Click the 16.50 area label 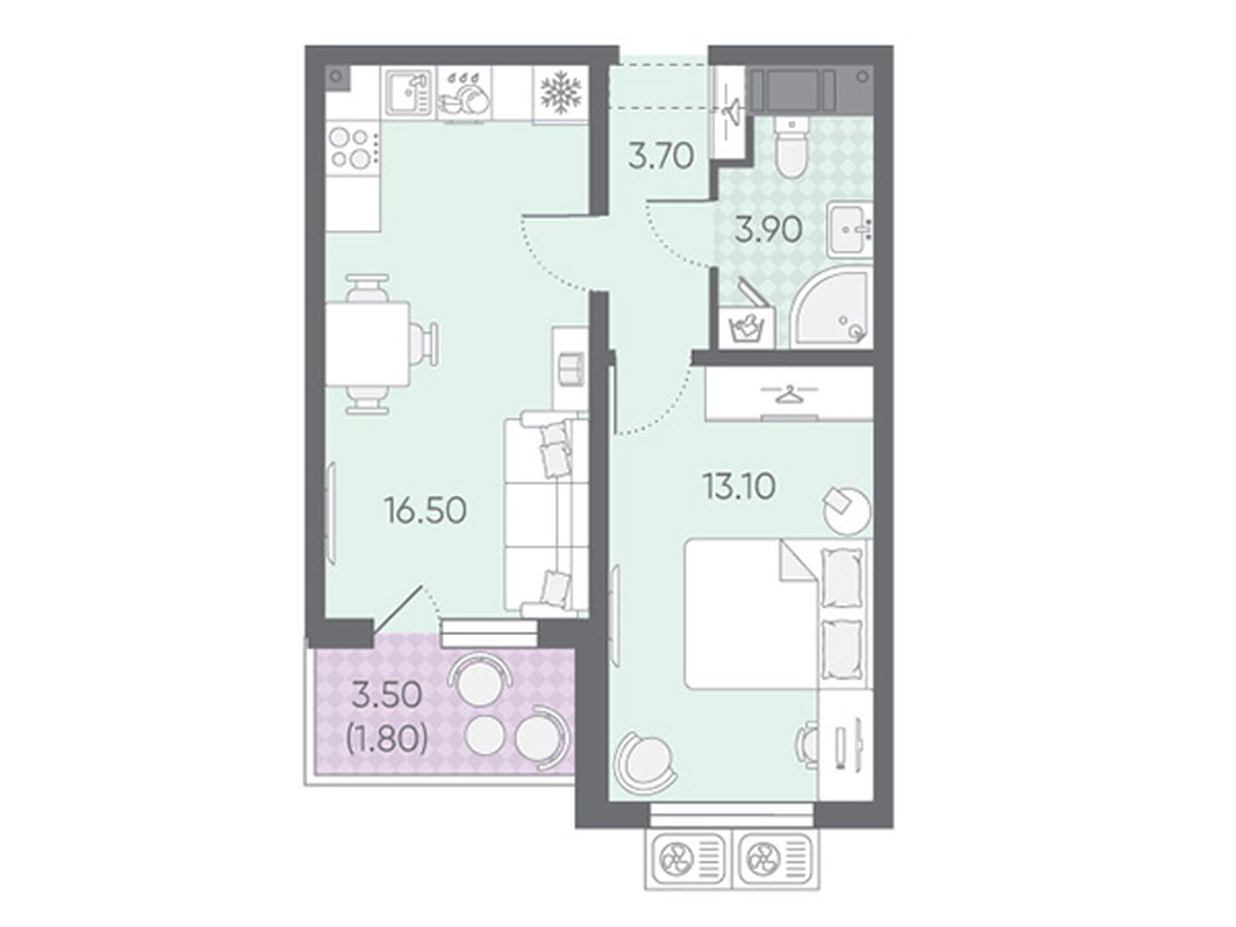[426, 511]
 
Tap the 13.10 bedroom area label [739, 487]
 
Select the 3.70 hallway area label [661, 157]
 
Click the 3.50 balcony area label [386, 695]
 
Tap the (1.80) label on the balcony [386, 740]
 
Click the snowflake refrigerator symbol [560, 92]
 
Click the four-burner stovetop [351, 148]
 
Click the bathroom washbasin [848, 229]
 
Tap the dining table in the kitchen [367, 344]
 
